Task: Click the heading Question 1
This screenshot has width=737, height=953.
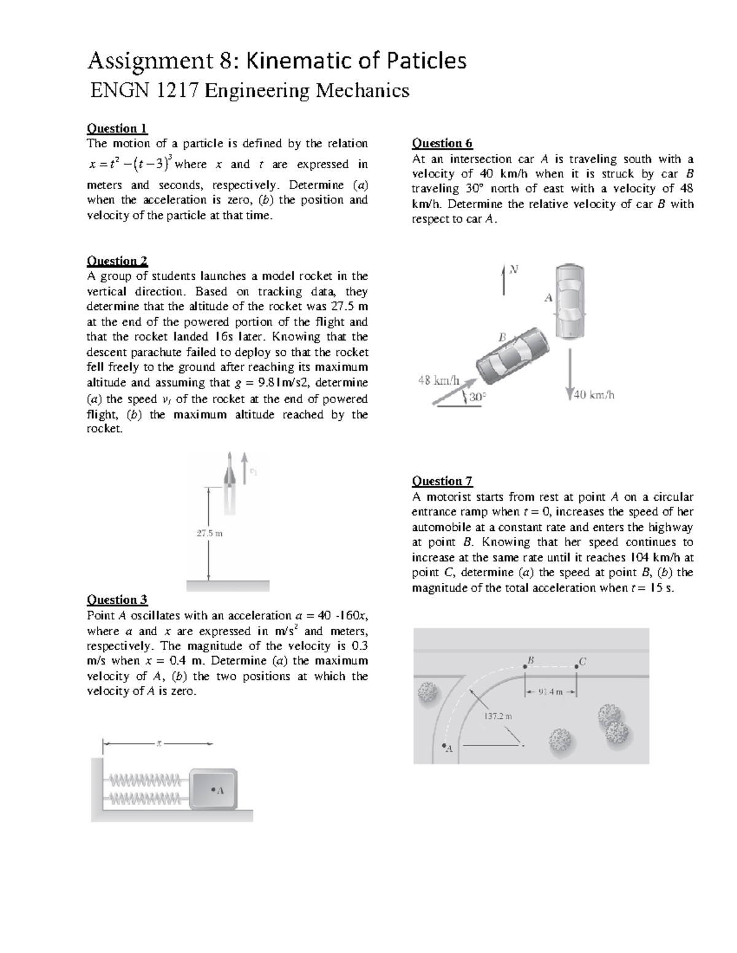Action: pyautogui.click(x=117, y=128)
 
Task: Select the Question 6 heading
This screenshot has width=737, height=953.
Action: pyautogui.click(x=442, y=144)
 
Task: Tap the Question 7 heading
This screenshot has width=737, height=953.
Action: pyautogui.click(x=442, y=481)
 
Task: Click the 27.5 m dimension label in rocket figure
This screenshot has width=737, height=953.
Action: pyautogui.click(x=209, y=533)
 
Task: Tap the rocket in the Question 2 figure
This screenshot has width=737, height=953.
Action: pyautogui.click(x=230, y=482)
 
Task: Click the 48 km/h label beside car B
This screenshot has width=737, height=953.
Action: pyautogui.click(x=439, y=380)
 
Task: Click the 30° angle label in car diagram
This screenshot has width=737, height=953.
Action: pyautogui.click(x=477, y=397)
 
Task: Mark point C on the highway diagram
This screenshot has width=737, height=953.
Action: pyautogui.click(x=577, y=665)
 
